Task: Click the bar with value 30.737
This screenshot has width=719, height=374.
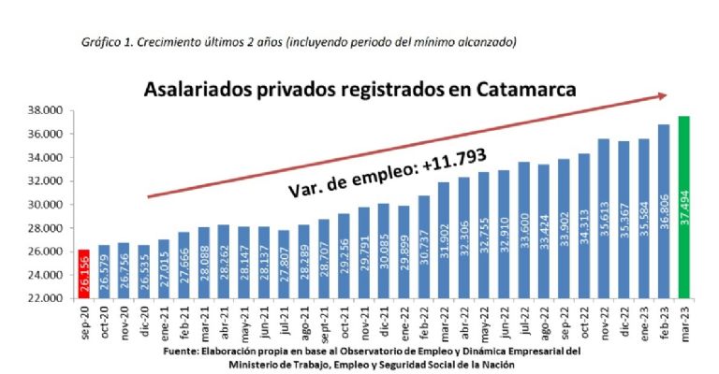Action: tap(423, 247)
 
